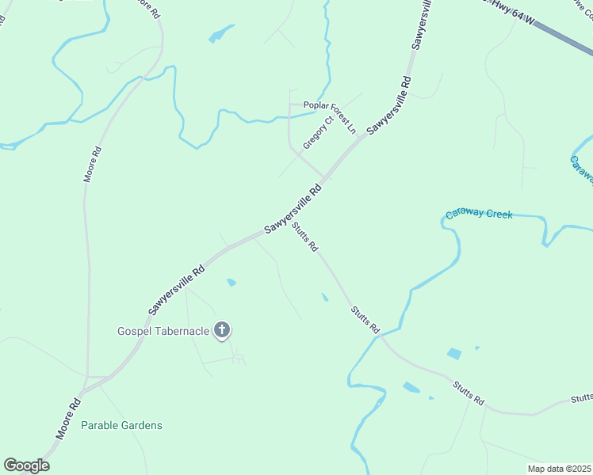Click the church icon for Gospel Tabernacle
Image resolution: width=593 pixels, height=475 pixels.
pyautogui.click(x=223, y=329)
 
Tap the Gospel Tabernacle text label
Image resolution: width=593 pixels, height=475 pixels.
pyautogui.click(x=163, y=330)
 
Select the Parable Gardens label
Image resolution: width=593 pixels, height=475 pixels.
pyautogui.click(x=121, y=425)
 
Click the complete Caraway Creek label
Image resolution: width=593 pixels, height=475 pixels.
pyautogui.click(x=479, y=214)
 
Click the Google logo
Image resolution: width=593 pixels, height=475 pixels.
pyautogui.click(x=26, y=465)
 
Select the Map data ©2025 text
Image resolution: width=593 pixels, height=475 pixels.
pyautogui.click(x=559, y=468)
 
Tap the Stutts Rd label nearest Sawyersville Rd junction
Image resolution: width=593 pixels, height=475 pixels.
pyautogui.click(x=304, y=237)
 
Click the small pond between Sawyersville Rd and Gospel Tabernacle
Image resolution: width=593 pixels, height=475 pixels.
pyautogui.click(x=231, y=282)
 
